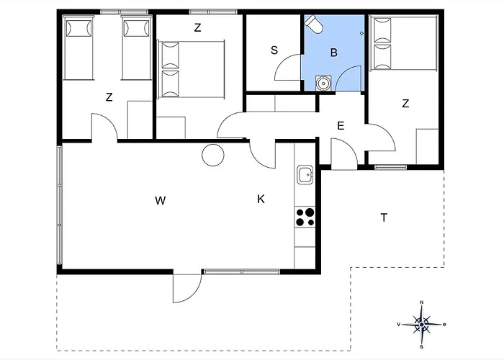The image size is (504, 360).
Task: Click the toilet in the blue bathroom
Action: [314, 24]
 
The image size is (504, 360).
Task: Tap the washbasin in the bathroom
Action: [323, 84]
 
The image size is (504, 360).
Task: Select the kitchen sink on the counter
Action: [305, 175]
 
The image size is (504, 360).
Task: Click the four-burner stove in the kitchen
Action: [305, 217]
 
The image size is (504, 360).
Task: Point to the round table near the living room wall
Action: [213, 155]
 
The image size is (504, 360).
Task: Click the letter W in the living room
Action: [160, 201]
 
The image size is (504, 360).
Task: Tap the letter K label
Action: [261, 199]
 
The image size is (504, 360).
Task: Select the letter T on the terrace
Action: [384, 218]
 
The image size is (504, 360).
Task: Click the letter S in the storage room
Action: [274, 50]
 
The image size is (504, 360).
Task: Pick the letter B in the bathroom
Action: [334, 53]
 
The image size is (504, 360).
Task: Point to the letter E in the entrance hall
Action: [341, 126]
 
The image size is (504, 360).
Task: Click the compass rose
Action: [421, 325]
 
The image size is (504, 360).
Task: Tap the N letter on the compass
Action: [422, 302]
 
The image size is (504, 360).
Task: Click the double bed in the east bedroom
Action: [403, 44]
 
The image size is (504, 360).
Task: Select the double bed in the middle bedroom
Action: [191, 69]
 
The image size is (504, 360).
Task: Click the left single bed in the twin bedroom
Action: [78, 49]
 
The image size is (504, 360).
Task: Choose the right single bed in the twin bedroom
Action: [137, 49]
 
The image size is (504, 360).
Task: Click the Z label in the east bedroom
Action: [405, 104]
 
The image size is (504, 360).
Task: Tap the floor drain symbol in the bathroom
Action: [361, 33]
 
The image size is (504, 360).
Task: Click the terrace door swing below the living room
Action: [187, 289]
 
